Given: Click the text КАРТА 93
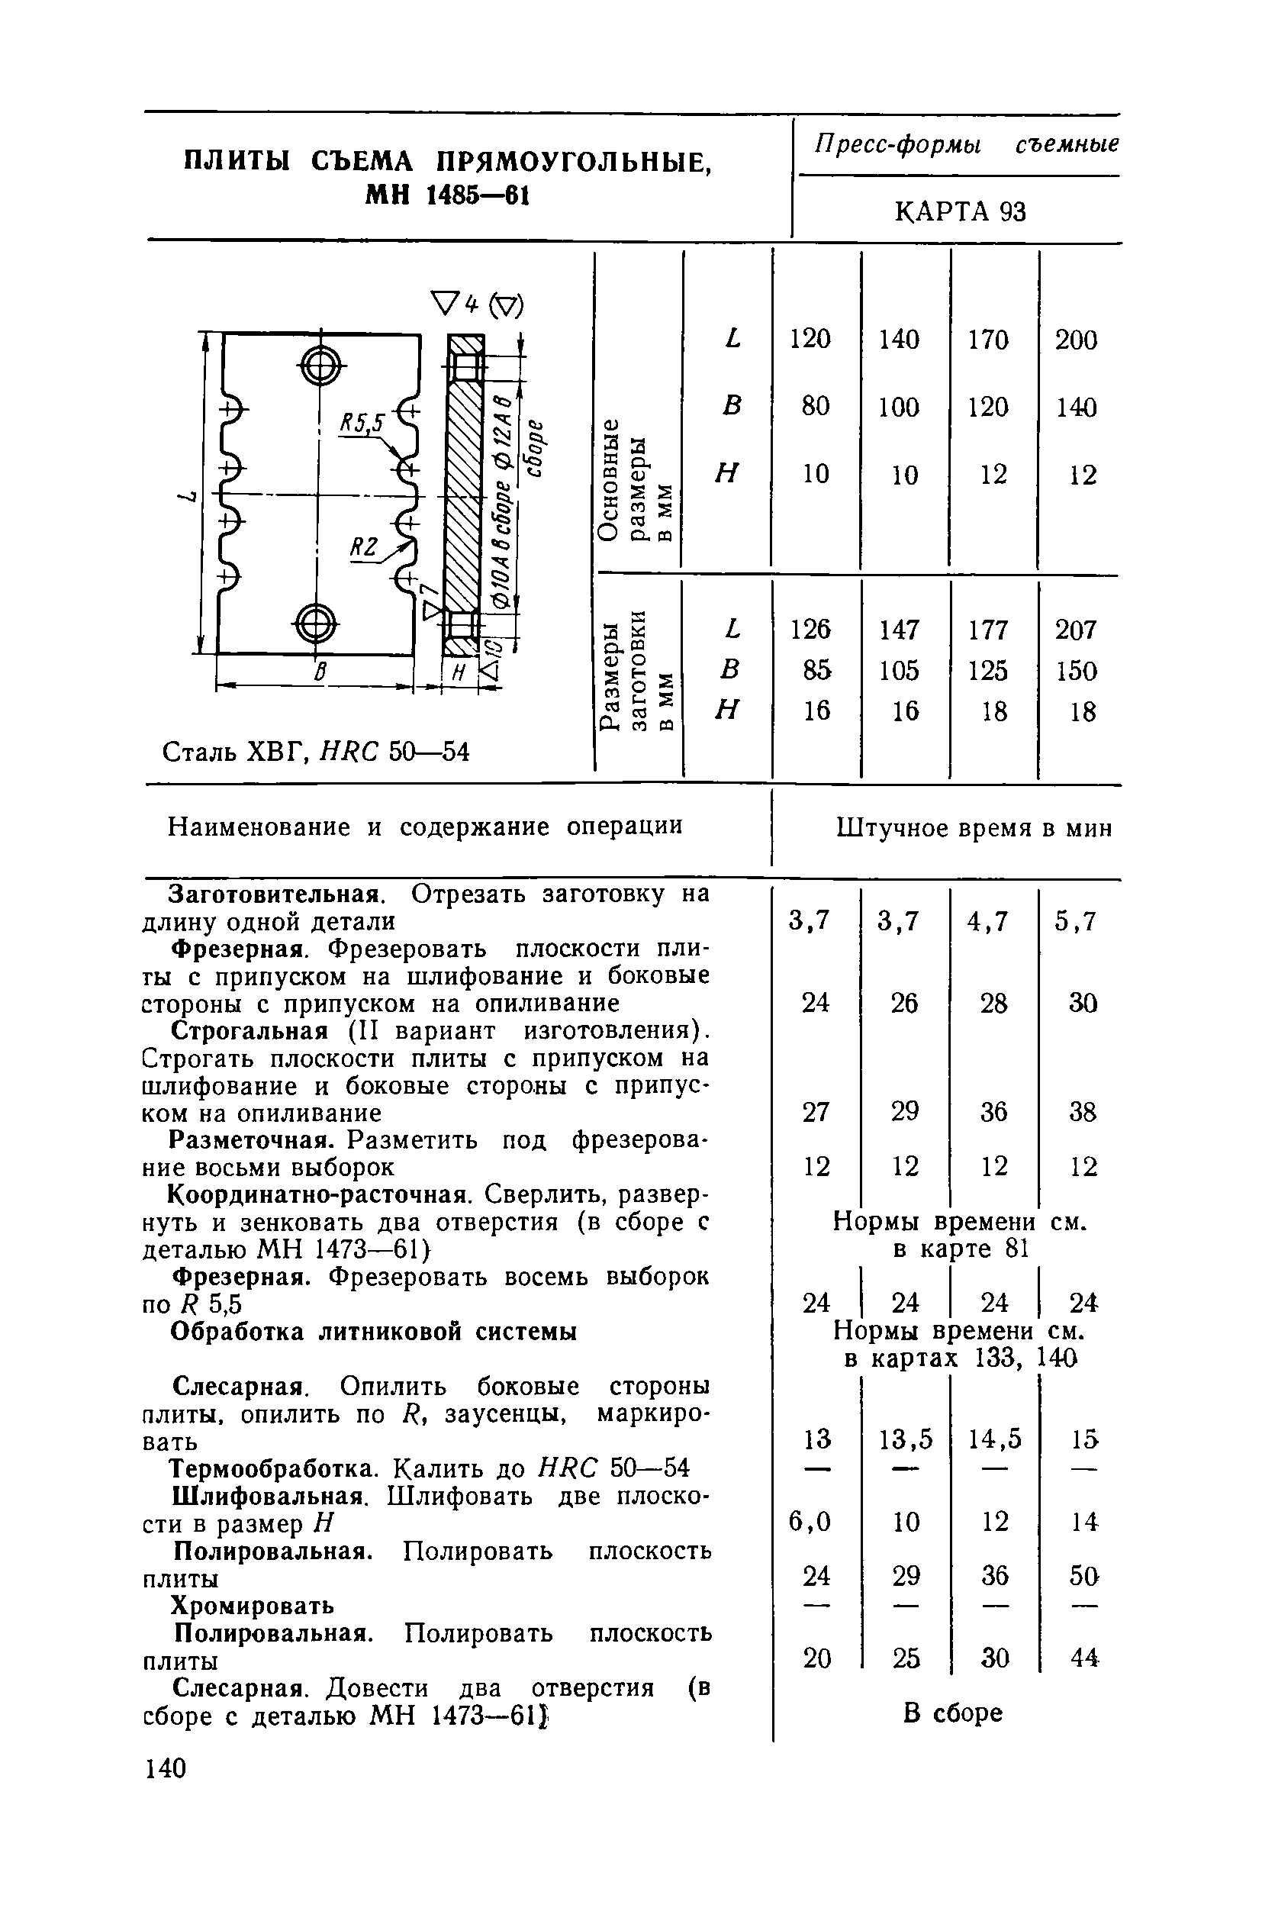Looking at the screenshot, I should pos(961,211).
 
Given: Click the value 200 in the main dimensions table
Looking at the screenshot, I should pos(1076,340).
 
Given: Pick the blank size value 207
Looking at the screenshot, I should pos(1076,629).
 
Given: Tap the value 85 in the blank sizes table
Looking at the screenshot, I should pos(816,670).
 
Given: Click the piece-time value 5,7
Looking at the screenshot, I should pos(1076,920).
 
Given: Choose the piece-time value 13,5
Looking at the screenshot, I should pos(906,1438).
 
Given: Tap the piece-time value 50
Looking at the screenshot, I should pos(1084,1575).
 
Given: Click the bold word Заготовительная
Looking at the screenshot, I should pos(274,894).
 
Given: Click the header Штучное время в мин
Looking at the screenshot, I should pos(974,828).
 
